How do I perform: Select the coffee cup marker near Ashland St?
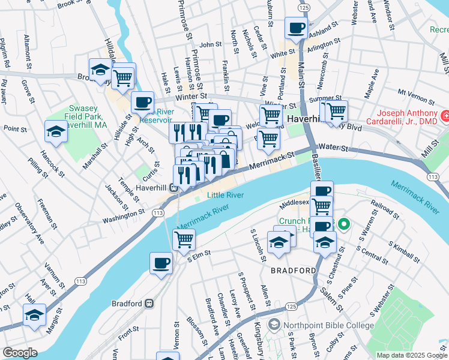pyautogui.click(x=296, y=28)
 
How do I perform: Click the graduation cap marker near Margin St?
pyautogui.click(x=35, y=315)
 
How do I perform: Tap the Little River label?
pyautogui.click(x=226, y=195)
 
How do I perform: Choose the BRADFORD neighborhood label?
pyautogui.click(x=293, y=271)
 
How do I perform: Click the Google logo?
pyautogui.click(x=19, y=353)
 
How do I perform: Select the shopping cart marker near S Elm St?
pyautogui.click(x=184, y=239)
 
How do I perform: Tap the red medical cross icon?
pyautogui.click(x=445, y=115)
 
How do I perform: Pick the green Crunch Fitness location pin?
pyautogui.click(x=343, y=226)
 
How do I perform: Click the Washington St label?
pyautogui.click(x=124, y=212)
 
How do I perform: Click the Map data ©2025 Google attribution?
pyautogui.click(x=411, y=355)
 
